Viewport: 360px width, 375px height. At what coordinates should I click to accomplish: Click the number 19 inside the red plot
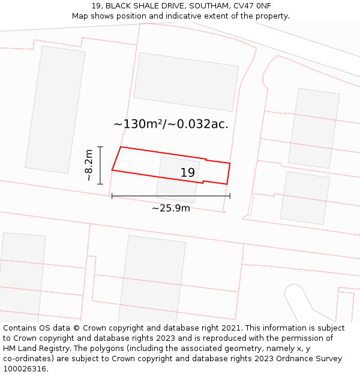tap(188, 173)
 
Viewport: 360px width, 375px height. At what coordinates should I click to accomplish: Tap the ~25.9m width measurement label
tap(170, 208)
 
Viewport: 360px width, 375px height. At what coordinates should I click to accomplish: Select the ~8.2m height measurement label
tap(89, 165)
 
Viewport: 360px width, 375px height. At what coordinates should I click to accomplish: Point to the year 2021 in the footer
tap(230, 328)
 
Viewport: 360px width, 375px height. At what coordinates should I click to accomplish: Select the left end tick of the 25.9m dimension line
tap(112, 196)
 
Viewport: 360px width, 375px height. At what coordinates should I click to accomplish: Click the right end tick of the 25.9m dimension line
tap(230, 196)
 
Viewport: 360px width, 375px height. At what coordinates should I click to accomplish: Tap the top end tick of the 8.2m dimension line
tap(100, 147)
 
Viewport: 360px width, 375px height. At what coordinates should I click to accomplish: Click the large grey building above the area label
tap(185, 82)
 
